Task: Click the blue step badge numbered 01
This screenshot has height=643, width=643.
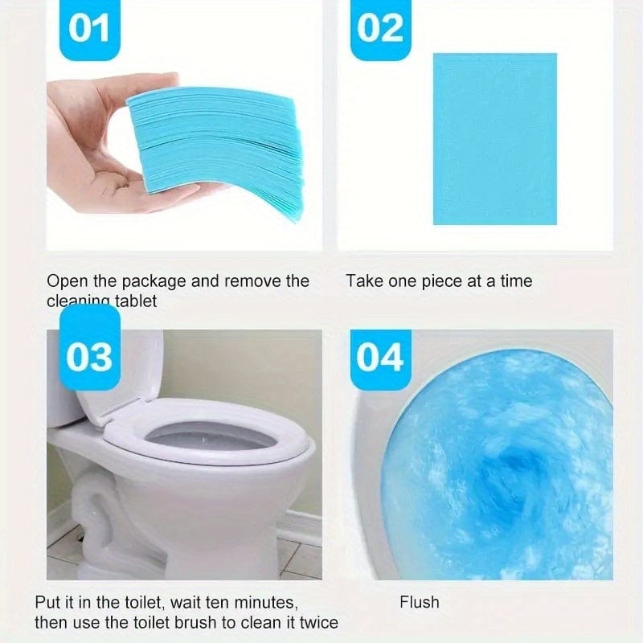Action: [x=88, y=29]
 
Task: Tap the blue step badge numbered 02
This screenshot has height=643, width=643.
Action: [x=379, y=29]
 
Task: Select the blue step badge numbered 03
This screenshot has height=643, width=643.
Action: [x=88, y=356]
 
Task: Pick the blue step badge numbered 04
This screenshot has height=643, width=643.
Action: [x=379, y=356]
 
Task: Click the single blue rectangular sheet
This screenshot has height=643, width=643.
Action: [x=494, y=139]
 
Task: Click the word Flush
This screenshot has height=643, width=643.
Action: [x=419, y=602]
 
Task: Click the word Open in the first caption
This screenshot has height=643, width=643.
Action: [x=64, y=281]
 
